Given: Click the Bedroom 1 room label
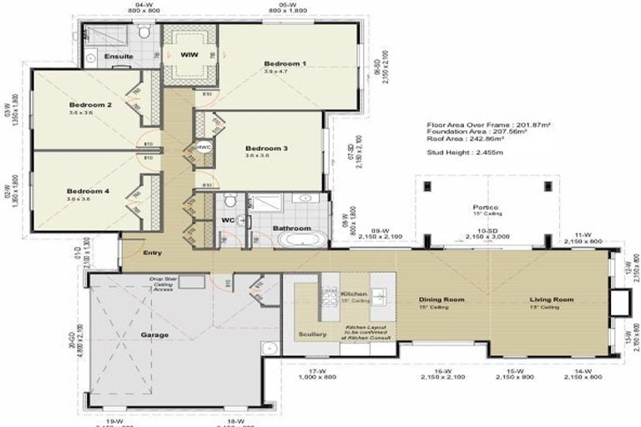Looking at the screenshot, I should point(285,63).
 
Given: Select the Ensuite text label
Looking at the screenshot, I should point(119,56).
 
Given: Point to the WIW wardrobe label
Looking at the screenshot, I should point(189,56).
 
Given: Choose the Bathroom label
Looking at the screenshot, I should point(292,228).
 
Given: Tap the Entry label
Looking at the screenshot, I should point(152,253).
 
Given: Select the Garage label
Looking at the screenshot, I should point(154,334).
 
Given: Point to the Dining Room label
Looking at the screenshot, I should point(442,299).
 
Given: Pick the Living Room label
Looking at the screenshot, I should point(552,299).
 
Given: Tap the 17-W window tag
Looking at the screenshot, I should point(316,371).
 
